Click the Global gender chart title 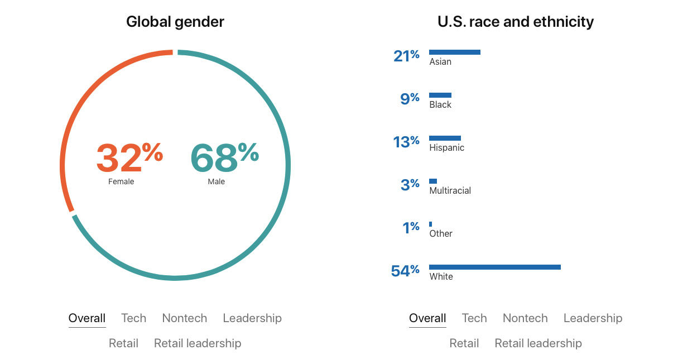click(175, 22)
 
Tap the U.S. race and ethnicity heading click(516, 22)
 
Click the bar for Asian click(454, 52)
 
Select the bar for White click(494, 267)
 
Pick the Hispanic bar click(445, 138)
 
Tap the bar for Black click(440, 95)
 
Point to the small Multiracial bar click(433, 181)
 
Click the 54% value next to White click(405, 271)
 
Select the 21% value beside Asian click(406, 55)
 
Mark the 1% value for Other click(411, 227)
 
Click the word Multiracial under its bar click(450, 190)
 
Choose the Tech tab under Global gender click(134, 318)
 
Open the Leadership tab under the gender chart click(252, 318)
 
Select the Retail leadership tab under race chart click(538, 343)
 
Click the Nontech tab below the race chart click(525, 318)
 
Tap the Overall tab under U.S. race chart click(427, 318)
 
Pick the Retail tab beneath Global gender click(123, 343)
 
